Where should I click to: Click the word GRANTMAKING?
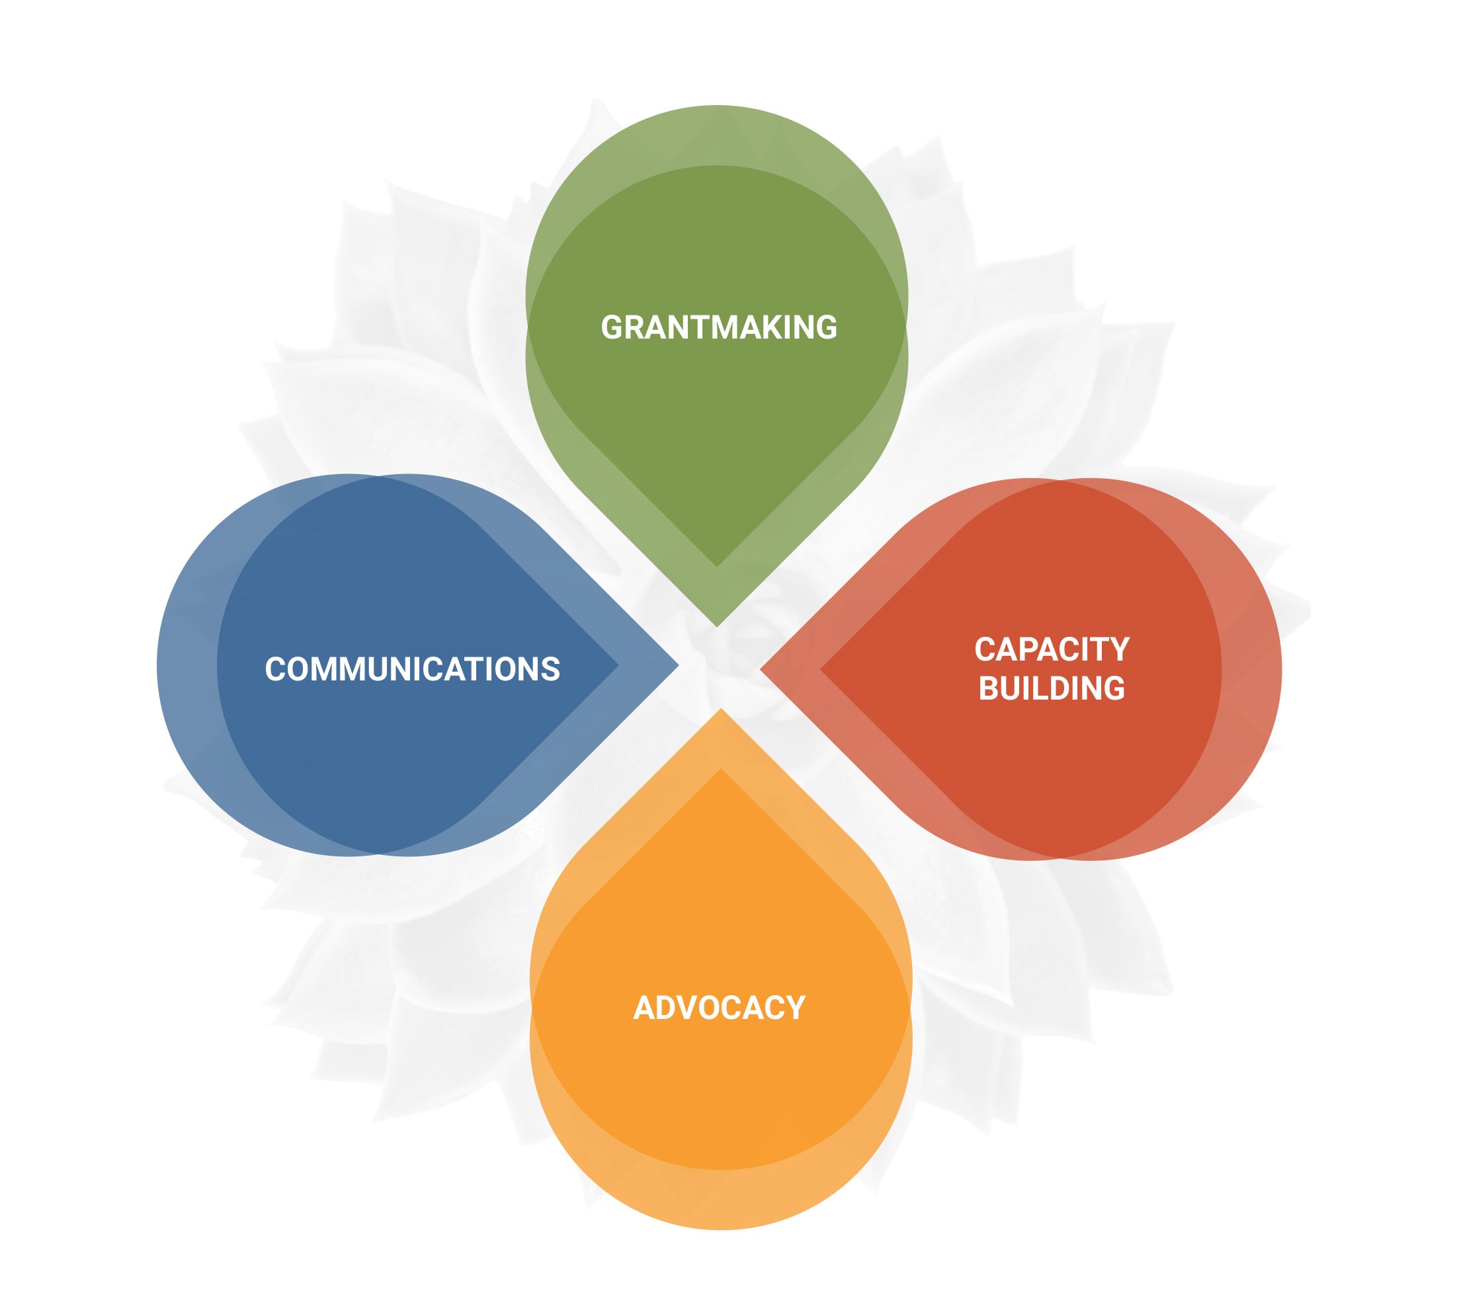point(718,327)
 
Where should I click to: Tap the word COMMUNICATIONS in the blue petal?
point(412,669)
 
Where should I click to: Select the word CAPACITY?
point(1052,649)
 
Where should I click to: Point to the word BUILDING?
point(1052,688)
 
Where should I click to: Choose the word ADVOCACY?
point(719,1008)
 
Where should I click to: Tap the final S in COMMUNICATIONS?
point(550,669)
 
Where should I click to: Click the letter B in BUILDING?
point(990,688)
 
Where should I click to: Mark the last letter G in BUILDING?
point(1113,688)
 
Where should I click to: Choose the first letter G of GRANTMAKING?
point(612,327)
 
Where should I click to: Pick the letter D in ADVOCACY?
point(666,1008)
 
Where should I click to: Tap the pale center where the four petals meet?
point(719,667)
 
